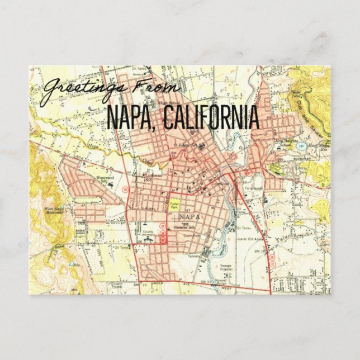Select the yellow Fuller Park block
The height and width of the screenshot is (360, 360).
point(174,205)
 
